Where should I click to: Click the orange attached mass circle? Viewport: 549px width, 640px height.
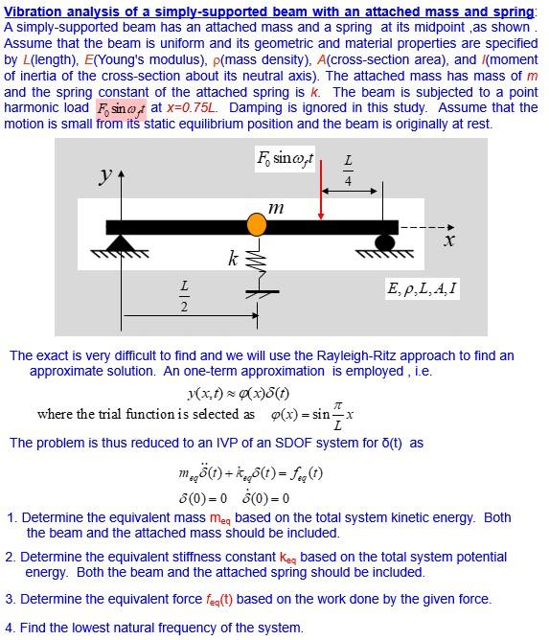point(257,225)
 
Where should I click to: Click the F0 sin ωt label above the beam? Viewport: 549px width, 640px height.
point(286,158)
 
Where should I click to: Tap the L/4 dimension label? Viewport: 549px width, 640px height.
point(348,171)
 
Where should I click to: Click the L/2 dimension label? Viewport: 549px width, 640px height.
point(185,296)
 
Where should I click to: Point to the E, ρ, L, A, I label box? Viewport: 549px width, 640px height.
point(422,288)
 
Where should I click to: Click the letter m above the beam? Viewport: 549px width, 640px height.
point(276,207)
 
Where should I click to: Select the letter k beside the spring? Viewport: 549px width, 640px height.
point(233,258)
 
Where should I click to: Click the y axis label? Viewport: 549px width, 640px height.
point(104,175)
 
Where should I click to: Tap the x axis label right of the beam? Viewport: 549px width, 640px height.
point(448,241)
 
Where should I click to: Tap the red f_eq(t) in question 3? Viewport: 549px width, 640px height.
point(217,599)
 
